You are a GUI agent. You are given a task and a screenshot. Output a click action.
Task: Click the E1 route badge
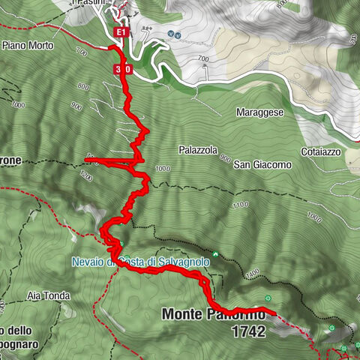(x=121, y=33)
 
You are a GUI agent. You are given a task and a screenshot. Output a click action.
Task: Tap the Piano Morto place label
(x=26, y=45)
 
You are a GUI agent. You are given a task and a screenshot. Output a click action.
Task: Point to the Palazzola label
(x=198, y=150)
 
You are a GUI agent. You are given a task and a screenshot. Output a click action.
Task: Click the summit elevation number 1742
(x=249, y=331)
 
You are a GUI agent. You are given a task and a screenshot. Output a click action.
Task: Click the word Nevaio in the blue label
(x=88, y=262)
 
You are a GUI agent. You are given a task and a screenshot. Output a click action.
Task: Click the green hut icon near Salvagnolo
(x=215, y=254)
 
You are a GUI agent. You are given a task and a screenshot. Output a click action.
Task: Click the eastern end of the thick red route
(x=274, y=313)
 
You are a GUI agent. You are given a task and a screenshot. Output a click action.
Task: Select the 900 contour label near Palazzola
(x=225, y=158)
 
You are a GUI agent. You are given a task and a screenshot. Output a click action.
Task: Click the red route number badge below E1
(x=124, y=69)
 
